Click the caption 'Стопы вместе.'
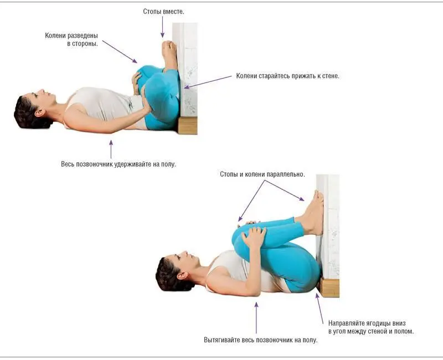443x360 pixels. point(163,12)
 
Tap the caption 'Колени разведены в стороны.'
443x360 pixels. point(71,39)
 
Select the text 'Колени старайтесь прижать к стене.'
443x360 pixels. point(287,76)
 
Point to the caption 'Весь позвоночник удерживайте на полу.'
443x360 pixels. point(119,164)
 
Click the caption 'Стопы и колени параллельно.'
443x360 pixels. point(262,174)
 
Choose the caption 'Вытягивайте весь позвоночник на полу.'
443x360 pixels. point(260,340)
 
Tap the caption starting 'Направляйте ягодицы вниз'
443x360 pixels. point(371,327)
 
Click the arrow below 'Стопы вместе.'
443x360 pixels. point(162,27)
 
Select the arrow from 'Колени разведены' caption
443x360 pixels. point(120,52)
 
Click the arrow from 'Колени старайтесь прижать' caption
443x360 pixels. point(208,82)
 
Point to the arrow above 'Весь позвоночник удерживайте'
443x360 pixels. point(111,150)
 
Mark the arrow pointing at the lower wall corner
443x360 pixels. point(320,308)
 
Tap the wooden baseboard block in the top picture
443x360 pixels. point(188,125)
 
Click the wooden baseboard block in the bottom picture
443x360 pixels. point(329,287)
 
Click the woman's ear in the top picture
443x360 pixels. point(39,113)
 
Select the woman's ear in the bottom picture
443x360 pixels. point(182,275)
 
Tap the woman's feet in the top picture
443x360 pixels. point(169,54)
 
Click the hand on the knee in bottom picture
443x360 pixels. point(254,237)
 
